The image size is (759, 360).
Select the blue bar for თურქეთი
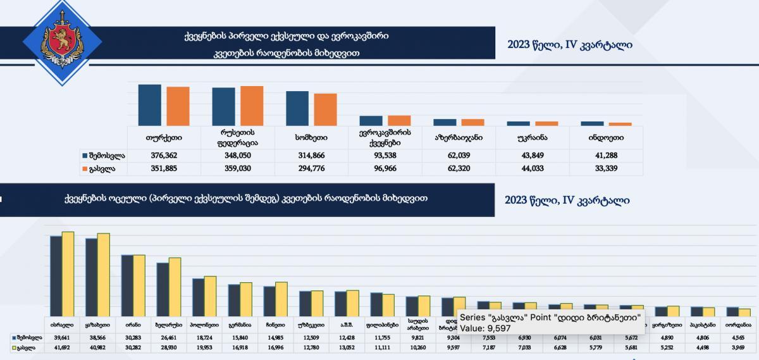point(149,105)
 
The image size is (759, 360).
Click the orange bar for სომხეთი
point(325,109)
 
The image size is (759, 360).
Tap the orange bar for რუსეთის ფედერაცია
point(251,106)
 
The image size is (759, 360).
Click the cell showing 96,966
point(385,169)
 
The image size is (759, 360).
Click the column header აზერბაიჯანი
point(459,137)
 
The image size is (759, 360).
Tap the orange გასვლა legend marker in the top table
point(83,169)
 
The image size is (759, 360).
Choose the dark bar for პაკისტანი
point(696,311)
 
